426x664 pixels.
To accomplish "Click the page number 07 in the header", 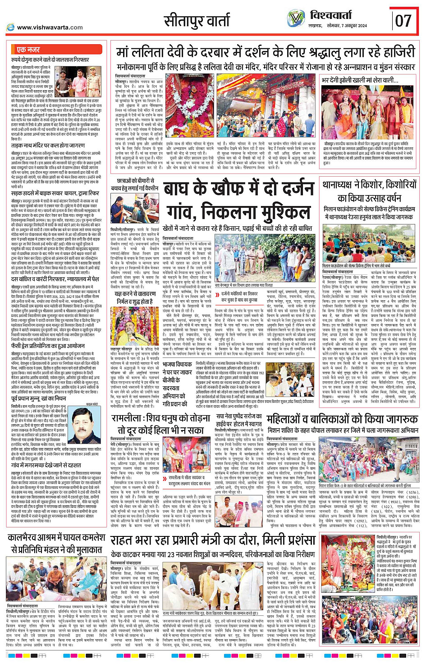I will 403,20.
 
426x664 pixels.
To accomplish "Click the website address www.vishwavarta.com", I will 50,27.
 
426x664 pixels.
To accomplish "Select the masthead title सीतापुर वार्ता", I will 197,21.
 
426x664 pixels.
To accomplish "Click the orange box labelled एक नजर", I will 28,50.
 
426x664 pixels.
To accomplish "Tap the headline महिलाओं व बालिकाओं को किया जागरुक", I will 342,419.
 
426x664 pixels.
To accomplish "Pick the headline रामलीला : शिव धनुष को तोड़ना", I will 160,424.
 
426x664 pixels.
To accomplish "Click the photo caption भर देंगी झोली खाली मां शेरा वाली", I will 360,80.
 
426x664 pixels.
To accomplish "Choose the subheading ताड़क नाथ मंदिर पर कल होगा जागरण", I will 48,146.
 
